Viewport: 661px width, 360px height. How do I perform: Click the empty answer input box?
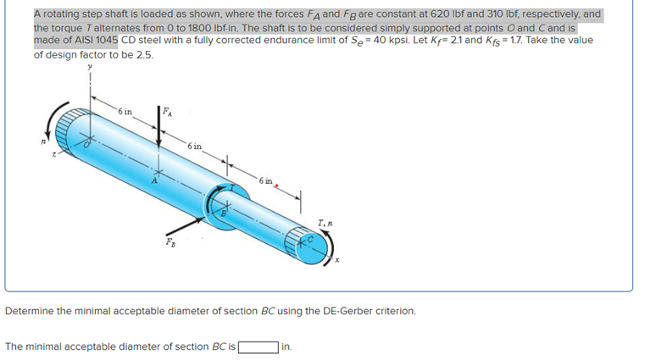coord(258,346)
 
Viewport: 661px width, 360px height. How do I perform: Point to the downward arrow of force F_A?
coord(160,136)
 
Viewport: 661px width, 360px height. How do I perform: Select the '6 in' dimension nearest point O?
coord(125,112)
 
